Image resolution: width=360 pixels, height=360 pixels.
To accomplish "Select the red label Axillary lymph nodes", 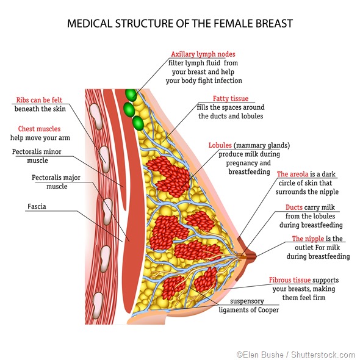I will click(x=203, y=54).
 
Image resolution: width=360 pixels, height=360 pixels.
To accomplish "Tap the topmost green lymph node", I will click(x=130, y=95).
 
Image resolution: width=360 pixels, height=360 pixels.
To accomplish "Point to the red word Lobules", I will click(x=220, y=146).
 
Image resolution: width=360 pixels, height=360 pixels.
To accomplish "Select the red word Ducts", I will click(x=294, y=207).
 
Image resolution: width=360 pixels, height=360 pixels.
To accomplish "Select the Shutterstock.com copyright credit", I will click(x=295, y=355).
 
